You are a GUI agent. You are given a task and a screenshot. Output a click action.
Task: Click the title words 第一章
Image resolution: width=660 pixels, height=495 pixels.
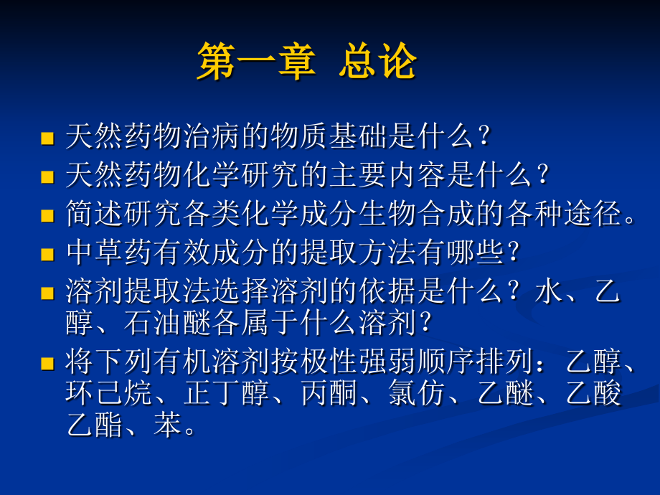pyautogui.click(x=255, y=62)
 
